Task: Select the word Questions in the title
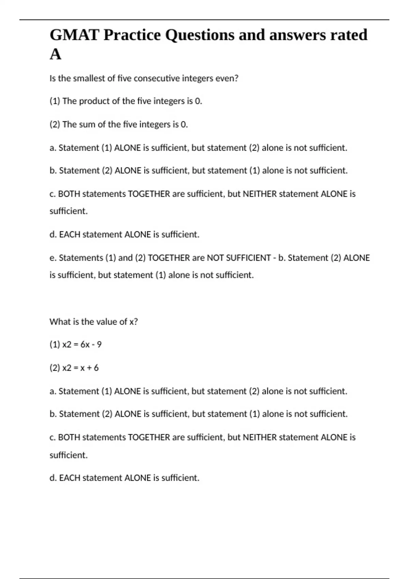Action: tap(199, 35)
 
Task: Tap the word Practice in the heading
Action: tap(132, 35)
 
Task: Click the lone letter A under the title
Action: tap(56, 54)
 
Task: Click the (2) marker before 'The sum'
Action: tap(55, 124)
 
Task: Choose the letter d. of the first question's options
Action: tap(53, 234)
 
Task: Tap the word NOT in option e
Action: tap(215, 258)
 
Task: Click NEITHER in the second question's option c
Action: tap(259, 437)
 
